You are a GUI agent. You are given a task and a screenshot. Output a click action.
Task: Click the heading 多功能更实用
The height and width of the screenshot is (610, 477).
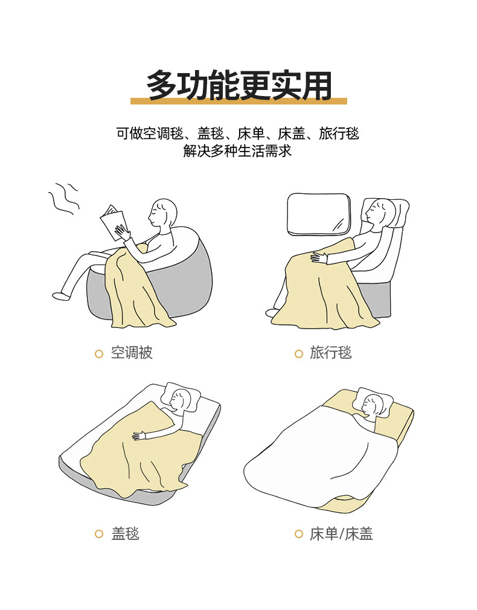tap(238, 85)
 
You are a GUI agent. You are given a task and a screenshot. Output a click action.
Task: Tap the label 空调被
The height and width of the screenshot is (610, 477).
tap(132, 353)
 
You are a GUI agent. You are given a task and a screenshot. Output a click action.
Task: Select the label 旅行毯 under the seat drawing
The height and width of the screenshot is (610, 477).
tap(331, 353)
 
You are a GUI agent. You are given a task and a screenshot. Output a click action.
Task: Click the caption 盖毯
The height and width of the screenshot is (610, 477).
tap(125, 533)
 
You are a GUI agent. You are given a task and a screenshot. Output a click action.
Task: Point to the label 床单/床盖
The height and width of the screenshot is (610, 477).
tap(341, 534)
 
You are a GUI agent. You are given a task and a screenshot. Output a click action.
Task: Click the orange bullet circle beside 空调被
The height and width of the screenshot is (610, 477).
tap(99, 354)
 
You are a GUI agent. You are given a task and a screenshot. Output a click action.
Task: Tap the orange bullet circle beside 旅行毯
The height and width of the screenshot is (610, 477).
tap(299, 354)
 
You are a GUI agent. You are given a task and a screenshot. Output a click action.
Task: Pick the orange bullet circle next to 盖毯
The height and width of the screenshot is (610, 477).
tap(99, 534)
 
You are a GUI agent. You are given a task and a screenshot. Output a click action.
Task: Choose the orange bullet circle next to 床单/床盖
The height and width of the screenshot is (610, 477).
tap(299, 534)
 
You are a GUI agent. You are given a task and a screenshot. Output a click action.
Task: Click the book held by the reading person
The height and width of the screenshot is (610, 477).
tap(112, 222)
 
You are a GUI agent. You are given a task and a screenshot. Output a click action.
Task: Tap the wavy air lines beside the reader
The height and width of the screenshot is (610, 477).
tap(63, 199)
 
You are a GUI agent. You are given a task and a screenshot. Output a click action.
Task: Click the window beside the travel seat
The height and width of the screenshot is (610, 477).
tap(319, 214)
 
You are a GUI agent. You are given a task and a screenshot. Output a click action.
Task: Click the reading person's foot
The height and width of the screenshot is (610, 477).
tap(61, 296)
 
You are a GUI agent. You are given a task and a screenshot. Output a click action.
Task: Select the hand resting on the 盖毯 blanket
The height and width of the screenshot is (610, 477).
tap(139, 435)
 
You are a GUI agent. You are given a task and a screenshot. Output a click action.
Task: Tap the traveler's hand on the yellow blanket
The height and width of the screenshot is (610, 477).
tap(319, 257)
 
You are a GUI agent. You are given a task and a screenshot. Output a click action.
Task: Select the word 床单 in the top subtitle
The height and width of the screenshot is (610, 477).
tap(251, 134)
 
